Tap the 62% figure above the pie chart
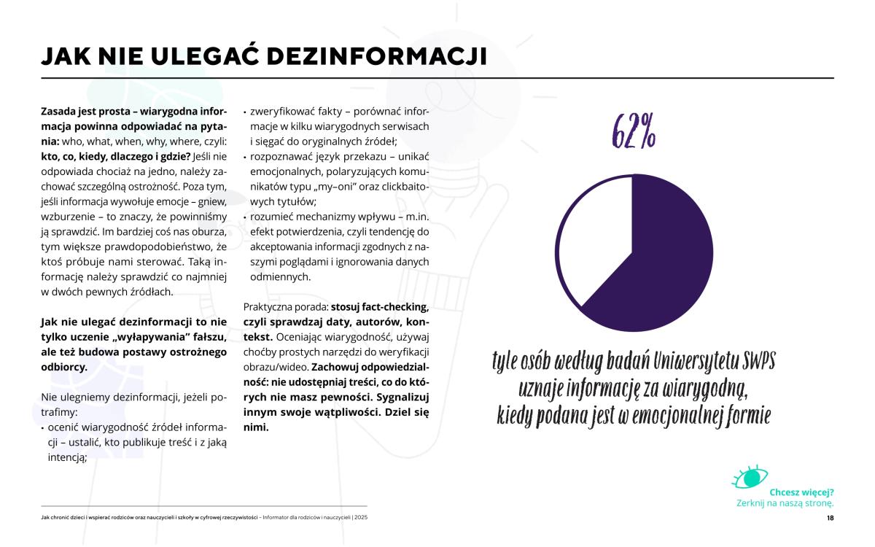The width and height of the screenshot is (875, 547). [x=633, y=132]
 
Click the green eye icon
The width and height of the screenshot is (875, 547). [x=750, y=477]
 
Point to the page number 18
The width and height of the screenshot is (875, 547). [x=830, y=519]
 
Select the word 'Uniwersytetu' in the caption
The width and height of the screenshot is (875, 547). [x=685, y=361]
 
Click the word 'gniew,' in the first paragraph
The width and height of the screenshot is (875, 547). [x=211, y=201]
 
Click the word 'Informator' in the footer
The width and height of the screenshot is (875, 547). [x=279, y=518]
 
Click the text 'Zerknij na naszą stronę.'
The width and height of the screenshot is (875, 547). [x=785, y=503]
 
